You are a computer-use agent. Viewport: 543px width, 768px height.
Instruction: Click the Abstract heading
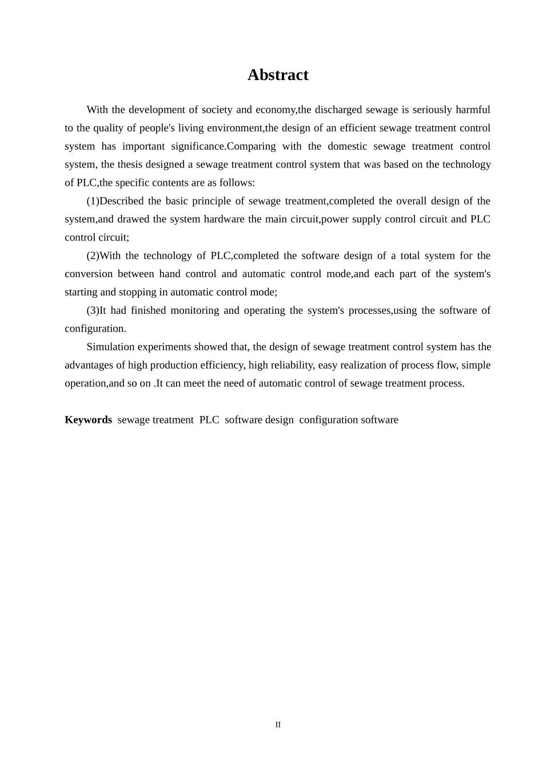click(x=278, y=75)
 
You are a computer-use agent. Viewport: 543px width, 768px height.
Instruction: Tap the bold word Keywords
click(x=88, y=420)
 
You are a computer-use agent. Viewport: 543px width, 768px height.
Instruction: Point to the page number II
click(x=278, y=725)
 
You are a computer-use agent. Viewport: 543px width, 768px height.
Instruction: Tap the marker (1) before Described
click(x=93, y=201)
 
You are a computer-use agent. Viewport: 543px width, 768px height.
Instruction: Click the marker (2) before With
click(x=93, y=256)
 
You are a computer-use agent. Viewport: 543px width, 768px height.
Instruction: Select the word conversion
click(x=89, y=274)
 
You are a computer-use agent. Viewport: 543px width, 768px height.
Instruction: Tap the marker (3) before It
click(x=93, y=311)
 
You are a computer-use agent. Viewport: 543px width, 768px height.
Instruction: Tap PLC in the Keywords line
click(x=209, y=420)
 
